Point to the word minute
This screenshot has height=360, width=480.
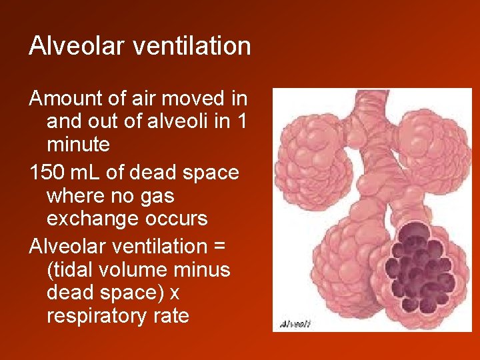click(77, 144)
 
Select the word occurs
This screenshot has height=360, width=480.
click(177, 219)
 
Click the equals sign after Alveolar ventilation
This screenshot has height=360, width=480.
click(219, 247)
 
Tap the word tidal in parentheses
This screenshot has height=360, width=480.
click(73, 270)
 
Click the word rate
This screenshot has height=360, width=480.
click(171, 315)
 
